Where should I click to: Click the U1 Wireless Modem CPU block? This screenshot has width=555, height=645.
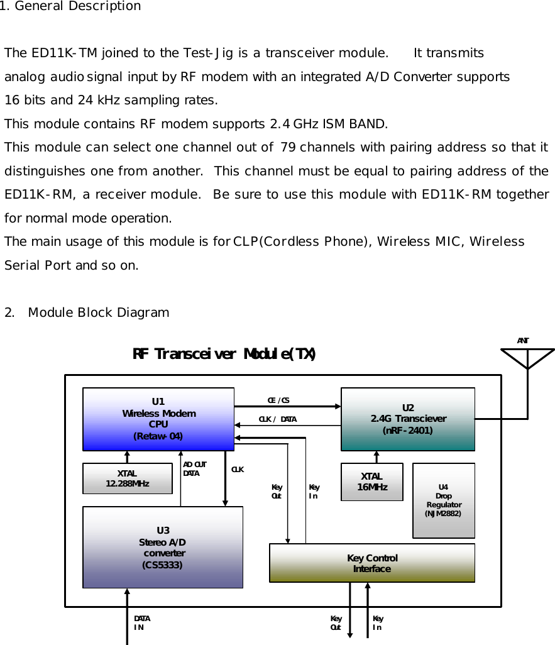158,419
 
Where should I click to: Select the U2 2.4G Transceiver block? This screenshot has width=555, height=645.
407,419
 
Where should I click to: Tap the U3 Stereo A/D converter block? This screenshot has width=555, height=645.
163,547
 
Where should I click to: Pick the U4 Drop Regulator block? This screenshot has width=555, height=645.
443,500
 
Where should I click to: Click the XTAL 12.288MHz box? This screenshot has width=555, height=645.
128,478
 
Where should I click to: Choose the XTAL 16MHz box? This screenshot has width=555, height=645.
372,482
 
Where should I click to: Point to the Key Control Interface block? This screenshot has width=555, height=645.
371,563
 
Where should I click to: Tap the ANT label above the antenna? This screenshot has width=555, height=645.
523,341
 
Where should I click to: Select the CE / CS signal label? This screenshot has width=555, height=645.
278,400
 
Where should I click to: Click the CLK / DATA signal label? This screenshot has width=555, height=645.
277,419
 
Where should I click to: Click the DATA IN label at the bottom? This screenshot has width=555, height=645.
141,623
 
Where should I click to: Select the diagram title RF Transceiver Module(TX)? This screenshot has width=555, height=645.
224,354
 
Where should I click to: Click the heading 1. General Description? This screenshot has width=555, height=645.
70,6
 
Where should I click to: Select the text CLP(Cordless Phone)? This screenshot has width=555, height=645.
303,242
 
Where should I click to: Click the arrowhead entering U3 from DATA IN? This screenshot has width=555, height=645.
128,592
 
